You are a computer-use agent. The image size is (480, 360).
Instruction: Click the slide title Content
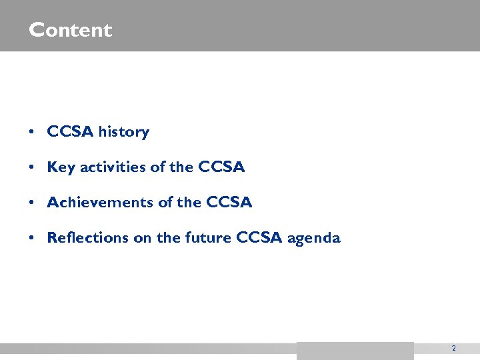click(71, 30)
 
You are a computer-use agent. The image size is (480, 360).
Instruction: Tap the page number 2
click(453, 348)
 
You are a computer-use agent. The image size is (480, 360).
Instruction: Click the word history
click(123, 132)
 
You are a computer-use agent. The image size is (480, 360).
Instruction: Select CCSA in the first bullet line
click(71, 132)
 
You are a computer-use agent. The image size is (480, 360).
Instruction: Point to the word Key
click(61, 167)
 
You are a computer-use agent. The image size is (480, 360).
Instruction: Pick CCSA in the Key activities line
click(221, 167)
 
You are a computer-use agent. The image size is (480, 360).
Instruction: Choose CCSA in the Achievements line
click(229, 203)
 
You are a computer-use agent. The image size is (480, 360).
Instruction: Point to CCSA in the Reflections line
click(260, 238)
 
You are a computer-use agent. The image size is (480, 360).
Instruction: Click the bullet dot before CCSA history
click(32, 133)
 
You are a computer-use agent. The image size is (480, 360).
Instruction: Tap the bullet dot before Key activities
click(32, 168)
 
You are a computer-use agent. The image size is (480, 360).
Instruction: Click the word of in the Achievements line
click(165, 203)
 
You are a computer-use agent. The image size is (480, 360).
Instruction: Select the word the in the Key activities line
click(181, 167)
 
